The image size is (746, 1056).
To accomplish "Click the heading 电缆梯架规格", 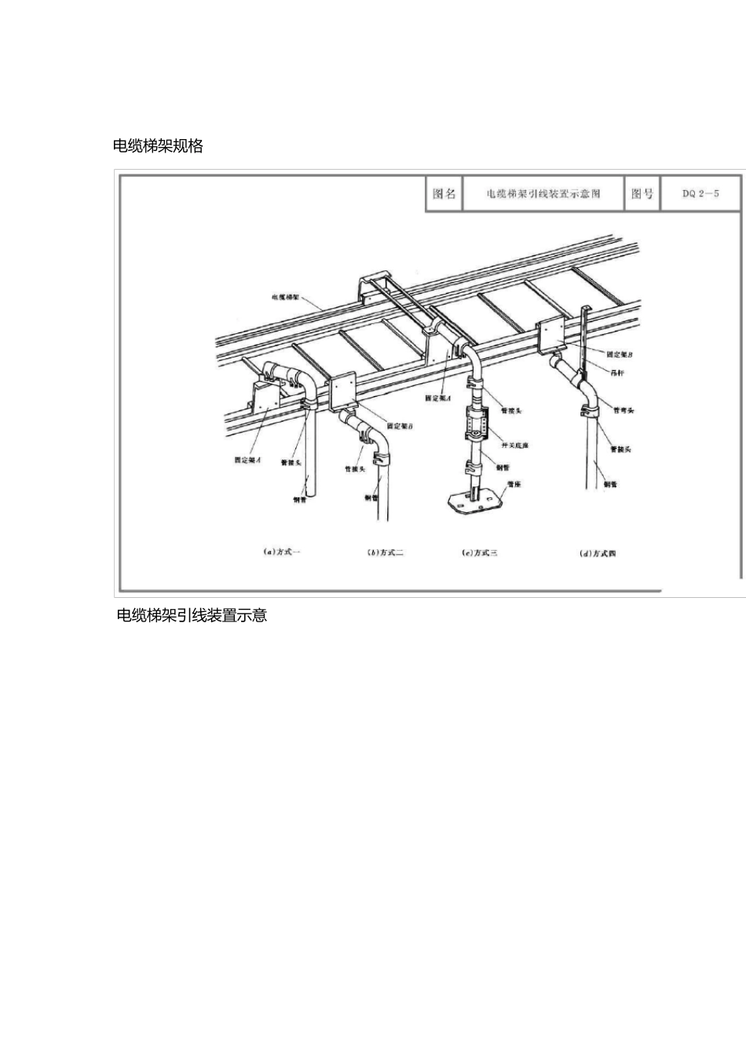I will [x=158, y=146].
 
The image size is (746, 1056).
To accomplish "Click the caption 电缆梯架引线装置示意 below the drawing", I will [x=192, y=615].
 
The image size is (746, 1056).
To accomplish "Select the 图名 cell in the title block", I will [x=444, y=193].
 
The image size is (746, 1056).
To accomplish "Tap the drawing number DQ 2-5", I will [x=700, y=193].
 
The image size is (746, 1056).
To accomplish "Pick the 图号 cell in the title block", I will [x=642, y=193].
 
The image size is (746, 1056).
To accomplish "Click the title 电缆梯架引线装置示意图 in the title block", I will [x=543, y=193].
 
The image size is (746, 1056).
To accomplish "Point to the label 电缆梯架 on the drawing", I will [x=283, y=298].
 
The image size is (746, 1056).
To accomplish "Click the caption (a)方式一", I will [x=281, y=552].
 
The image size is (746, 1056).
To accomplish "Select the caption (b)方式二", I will [x=385, y=552].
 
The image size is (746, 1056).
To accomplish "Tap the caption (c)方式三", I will [x=479, y=552].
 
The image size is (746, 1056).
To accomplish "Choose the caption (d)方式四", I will [x=597, y=553].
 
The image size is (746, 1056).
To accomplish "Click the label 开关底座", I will [x=514, y=445].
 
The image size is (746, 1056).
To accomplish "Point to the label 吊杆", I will [x=617, y=372].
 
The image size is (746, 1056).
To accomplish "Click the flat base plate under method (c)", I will [x=472, y=501].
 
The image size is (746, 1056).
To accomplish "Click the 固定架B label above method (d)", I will [x=620, y=355].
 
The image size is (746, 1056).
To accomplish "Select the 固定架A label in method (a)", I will [x=247, y=460].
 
